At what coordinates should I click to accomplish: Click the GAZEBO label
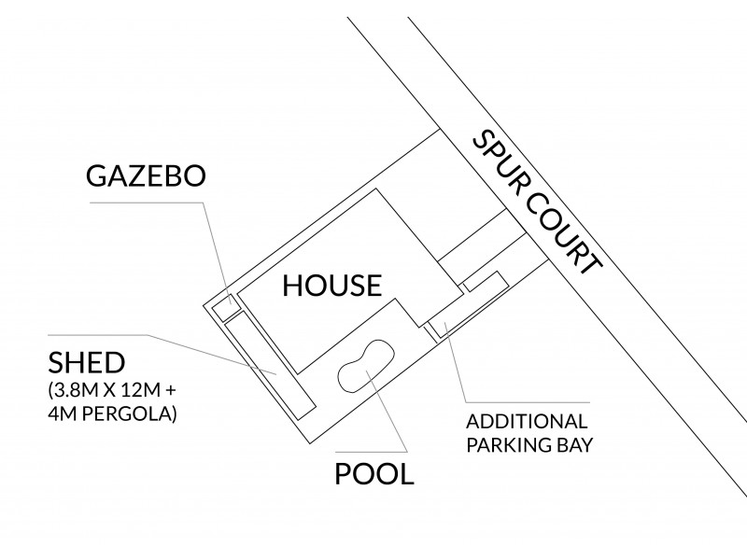click(x=144, y=177)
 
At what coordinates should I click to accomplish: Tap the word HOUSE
click(x=332, y=285)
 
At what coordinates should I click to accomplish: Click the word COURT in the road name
click(x=565, y=232)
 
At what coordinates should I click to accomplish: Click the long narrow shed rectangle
click(x=272, y=365)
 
